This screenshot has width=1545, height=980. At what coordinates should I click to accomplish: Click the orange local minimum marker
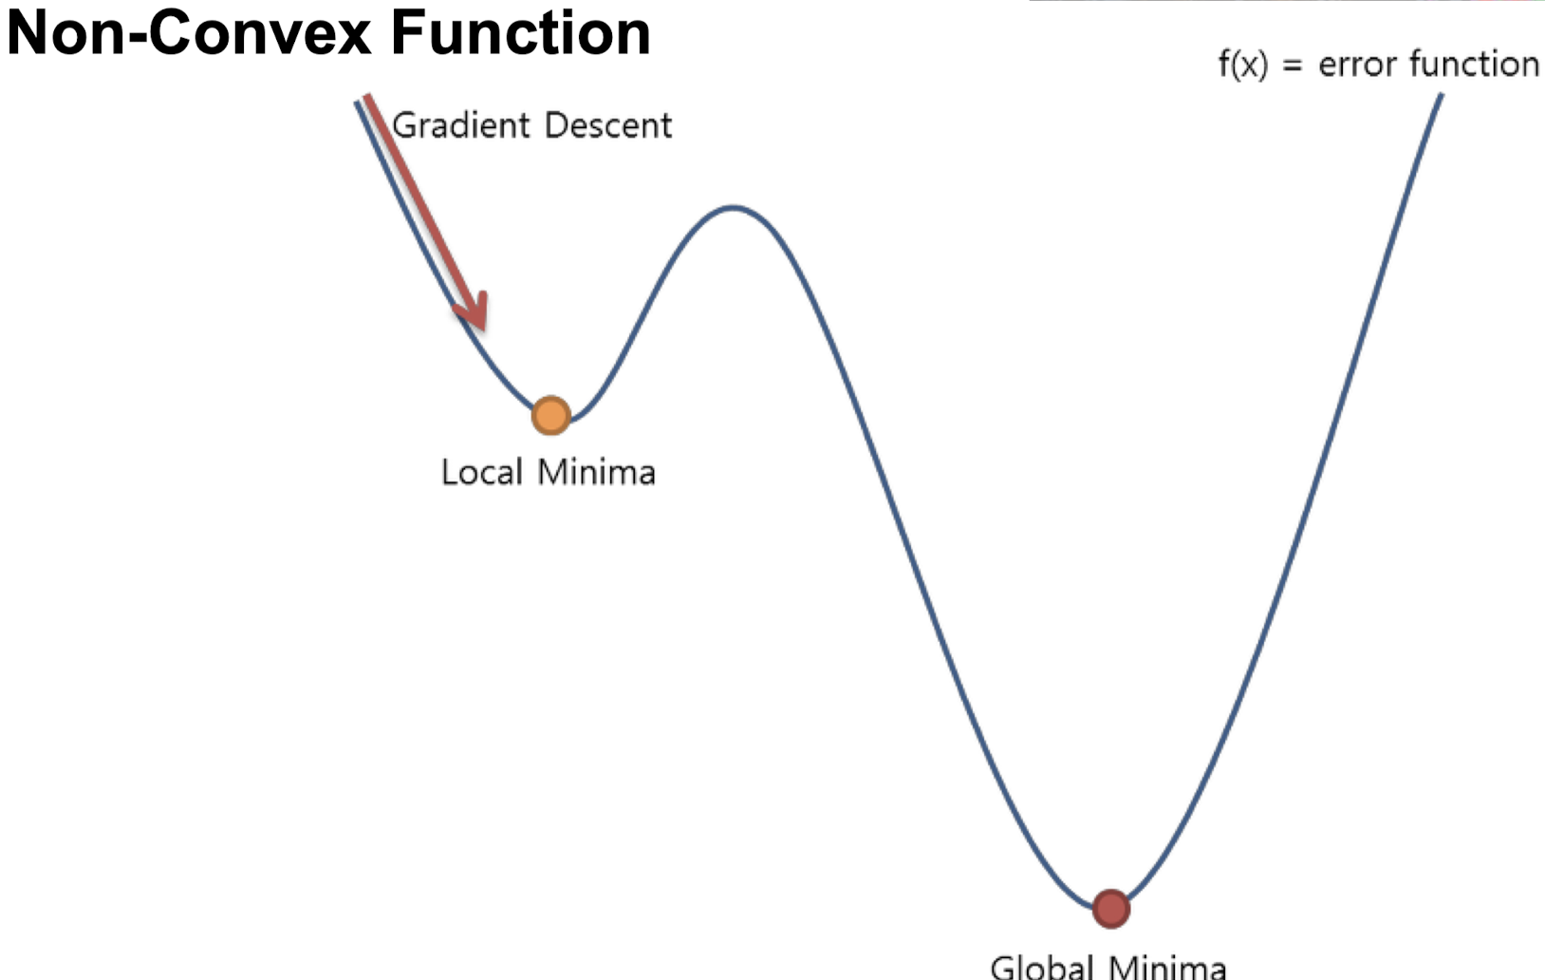(x=550, y=416)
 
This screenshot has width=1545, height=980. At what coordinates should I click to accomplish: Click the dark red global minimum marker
(x=1110, y=909)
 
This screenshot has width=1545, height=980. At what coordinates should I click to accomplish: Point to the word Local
(x=481, y=472)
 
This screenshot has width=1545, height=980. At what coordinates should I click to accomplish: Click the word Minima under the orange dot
(x=596, y=472)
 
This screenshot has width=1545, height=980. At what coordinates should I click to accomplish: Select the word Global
(x=1041, y=967)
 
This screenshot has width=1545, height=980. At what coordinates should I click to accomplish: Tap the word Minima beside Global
(x=1166, y=967)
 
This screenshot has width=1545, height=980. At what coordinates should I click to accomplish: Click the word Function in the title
(x=520, y=32)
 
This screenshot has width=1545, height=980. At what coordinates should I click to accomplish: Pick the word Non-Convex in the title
(x=189, y=32)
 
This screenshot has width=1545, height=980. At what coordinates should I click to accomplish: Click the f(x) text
(x=1242, y=65)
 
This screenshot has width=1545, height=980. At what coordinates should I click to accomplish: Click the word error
(x=1357, y=66)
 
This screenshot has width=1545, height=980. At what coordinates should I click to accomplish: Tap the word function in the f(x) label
(x=1474, y=65)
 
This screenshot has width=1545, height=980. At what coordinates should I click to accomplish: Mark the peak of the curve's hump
(x=734, y=207)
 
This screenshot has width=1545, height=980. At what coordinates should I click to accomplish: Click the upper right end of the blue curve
(x=1441, y=96)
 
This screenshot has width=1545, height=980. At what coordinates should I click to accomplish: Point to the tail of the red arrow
(x=367, y=98)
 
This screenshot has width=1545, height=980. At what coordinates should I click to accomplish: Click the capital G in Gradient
(x=404, y=125)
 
